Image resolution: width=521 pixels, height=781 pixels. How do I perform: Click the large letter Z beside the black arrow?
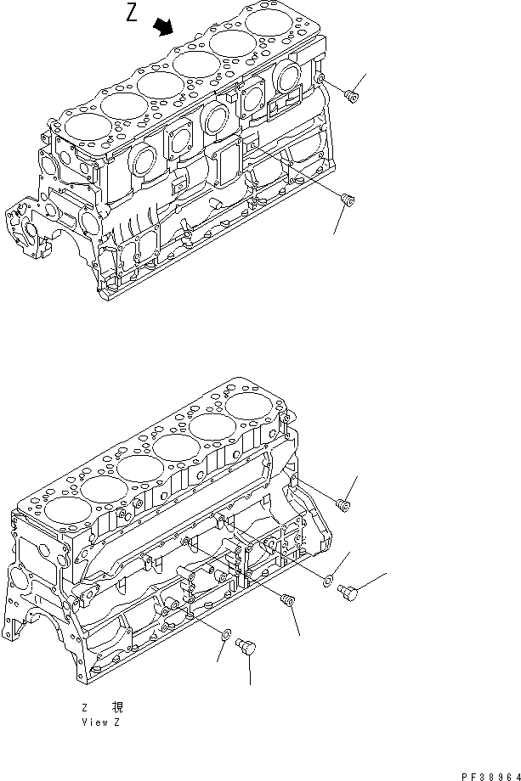tap(132, 15)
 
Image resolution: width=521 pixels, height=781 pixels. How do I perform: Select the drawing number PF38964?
tap(488, 774)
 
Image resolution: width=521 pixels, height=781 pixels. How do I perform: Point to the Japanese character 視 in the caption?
tap(116, 706)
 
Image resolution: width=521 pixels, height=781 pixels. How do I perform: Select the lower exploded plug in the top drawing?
tap(346, 199)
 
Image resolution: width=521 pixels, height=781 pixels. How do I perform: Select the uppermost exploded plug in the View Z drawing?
tap(344, 505)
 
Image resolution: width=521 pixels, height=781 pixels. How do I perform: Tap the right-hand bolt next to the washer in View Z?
tap(347, 591)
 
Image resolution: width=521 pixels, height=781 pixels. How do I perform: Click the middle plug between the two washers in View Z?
tap(287, 601)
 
